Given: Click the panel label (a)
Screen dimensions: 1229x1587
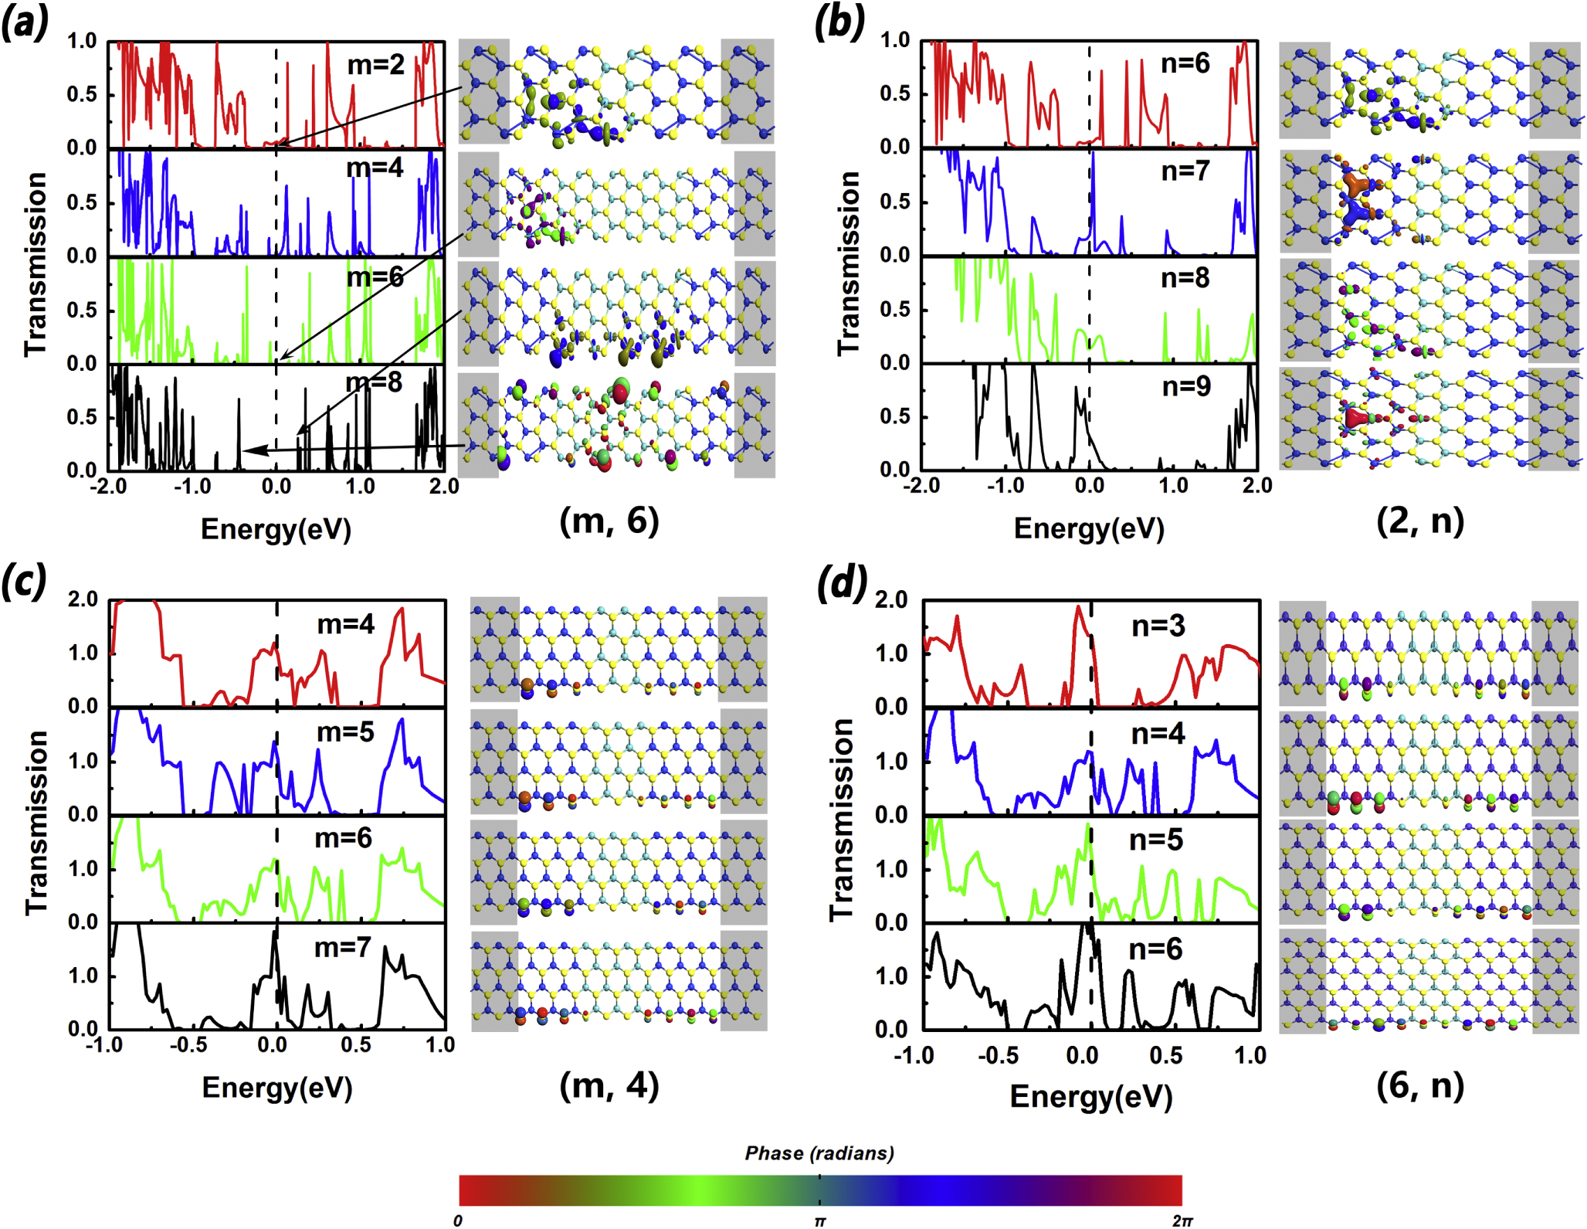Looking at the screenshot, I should pos(25,23).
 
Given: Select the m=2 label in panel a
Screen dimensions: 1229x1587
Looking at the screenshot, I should pos(376,64).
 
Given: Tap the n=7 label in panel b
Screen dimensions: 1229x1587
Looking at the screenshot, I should pos(1185,171).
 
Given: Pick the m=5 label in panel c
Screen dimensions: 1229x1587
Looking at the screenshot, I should pos(345,732).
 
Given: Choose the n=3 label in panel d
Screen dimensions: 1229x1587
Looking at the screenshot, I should pos(1158,626).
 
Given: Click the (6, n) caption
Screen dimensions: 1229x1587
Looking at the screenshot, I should pos(1419,1085).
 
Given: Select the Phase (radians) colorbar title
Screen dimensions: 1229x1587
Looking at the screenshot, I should pos(819,1153).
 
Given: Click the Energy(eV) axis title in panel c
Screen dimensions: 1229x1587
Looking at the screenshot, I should pos(276,1088).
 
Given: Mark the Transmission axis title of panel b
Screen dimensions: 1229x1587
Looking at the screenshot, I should pos(849,263).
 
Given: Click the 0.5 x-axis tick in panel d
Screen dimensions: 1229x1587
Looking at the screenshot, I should pos(1165,1055).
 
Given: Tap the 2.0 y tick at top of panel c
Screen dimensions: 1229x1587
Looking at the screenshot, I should pos(83,599).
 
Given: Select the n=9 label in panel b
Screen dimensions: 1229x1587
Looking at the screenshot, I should pos(1186,386).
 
